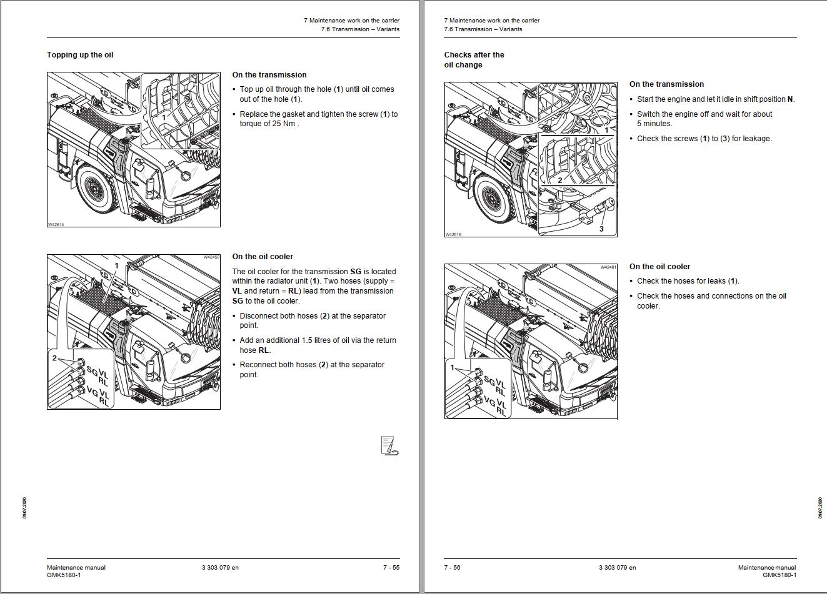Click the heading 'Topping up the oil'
(x=80, y=55)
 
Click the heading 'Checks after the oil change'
(x=474, y=60)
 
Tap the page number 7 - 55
(x=391, y=567)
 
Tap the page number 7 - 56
(x=453, y=567)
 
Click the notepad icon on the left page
(x=390, y=446)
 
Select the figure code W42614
(x=56, y=224)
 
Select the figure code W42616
(x=453, y=234)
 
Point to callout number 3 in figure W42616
(x=601, y=229)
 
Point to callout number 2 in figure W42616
(x=560, y=180)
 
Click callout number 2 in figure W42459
(x=54, y=358)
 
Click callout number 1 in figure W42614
(x=164, y=117)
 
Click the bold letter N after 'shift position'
(x=790, y=99)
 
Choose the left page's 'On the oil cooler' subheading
(x=263, y=257)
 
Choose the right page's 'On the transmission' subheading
(x=667, y=84)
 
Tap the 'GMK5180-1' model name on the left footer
(x=64, y=575)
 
